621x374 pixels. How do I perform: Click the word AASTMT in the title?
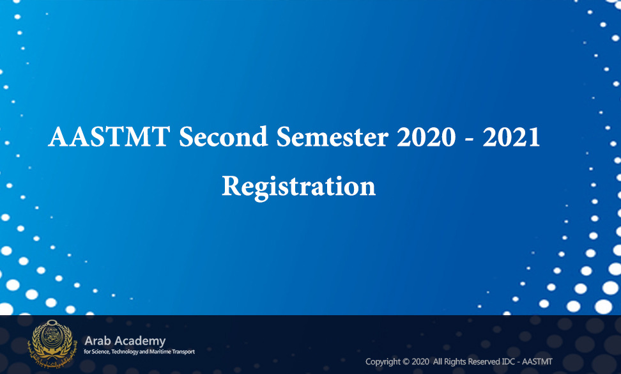tap(109, 137)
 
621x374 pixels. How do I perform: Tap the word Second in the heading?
tap(224, 137)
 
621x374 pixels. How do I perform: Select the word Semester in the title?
tap(332, 137)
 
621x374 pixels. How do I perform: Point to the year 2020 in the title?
tap(426, 137)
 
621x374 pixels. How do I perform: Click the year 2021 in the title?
tap(511, 137)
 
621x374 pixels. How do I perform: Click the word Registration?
tap(298, 187)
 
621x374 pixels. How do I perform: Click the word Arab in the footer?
tap(96, 341)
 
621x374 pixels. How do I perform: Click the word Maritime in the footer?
tap(160, 352)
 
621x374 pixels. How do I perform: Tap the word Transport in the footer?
tap(183, 352)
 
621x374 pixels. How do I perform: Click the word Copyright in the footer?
tap(383, 362)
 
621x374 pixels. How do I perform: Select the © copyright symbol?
tap(406, 362)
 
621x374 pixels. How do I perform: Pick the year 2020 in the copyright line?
tap(420, 362)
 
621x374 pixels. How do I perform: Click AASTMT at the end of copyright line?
tap(537, 362)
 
